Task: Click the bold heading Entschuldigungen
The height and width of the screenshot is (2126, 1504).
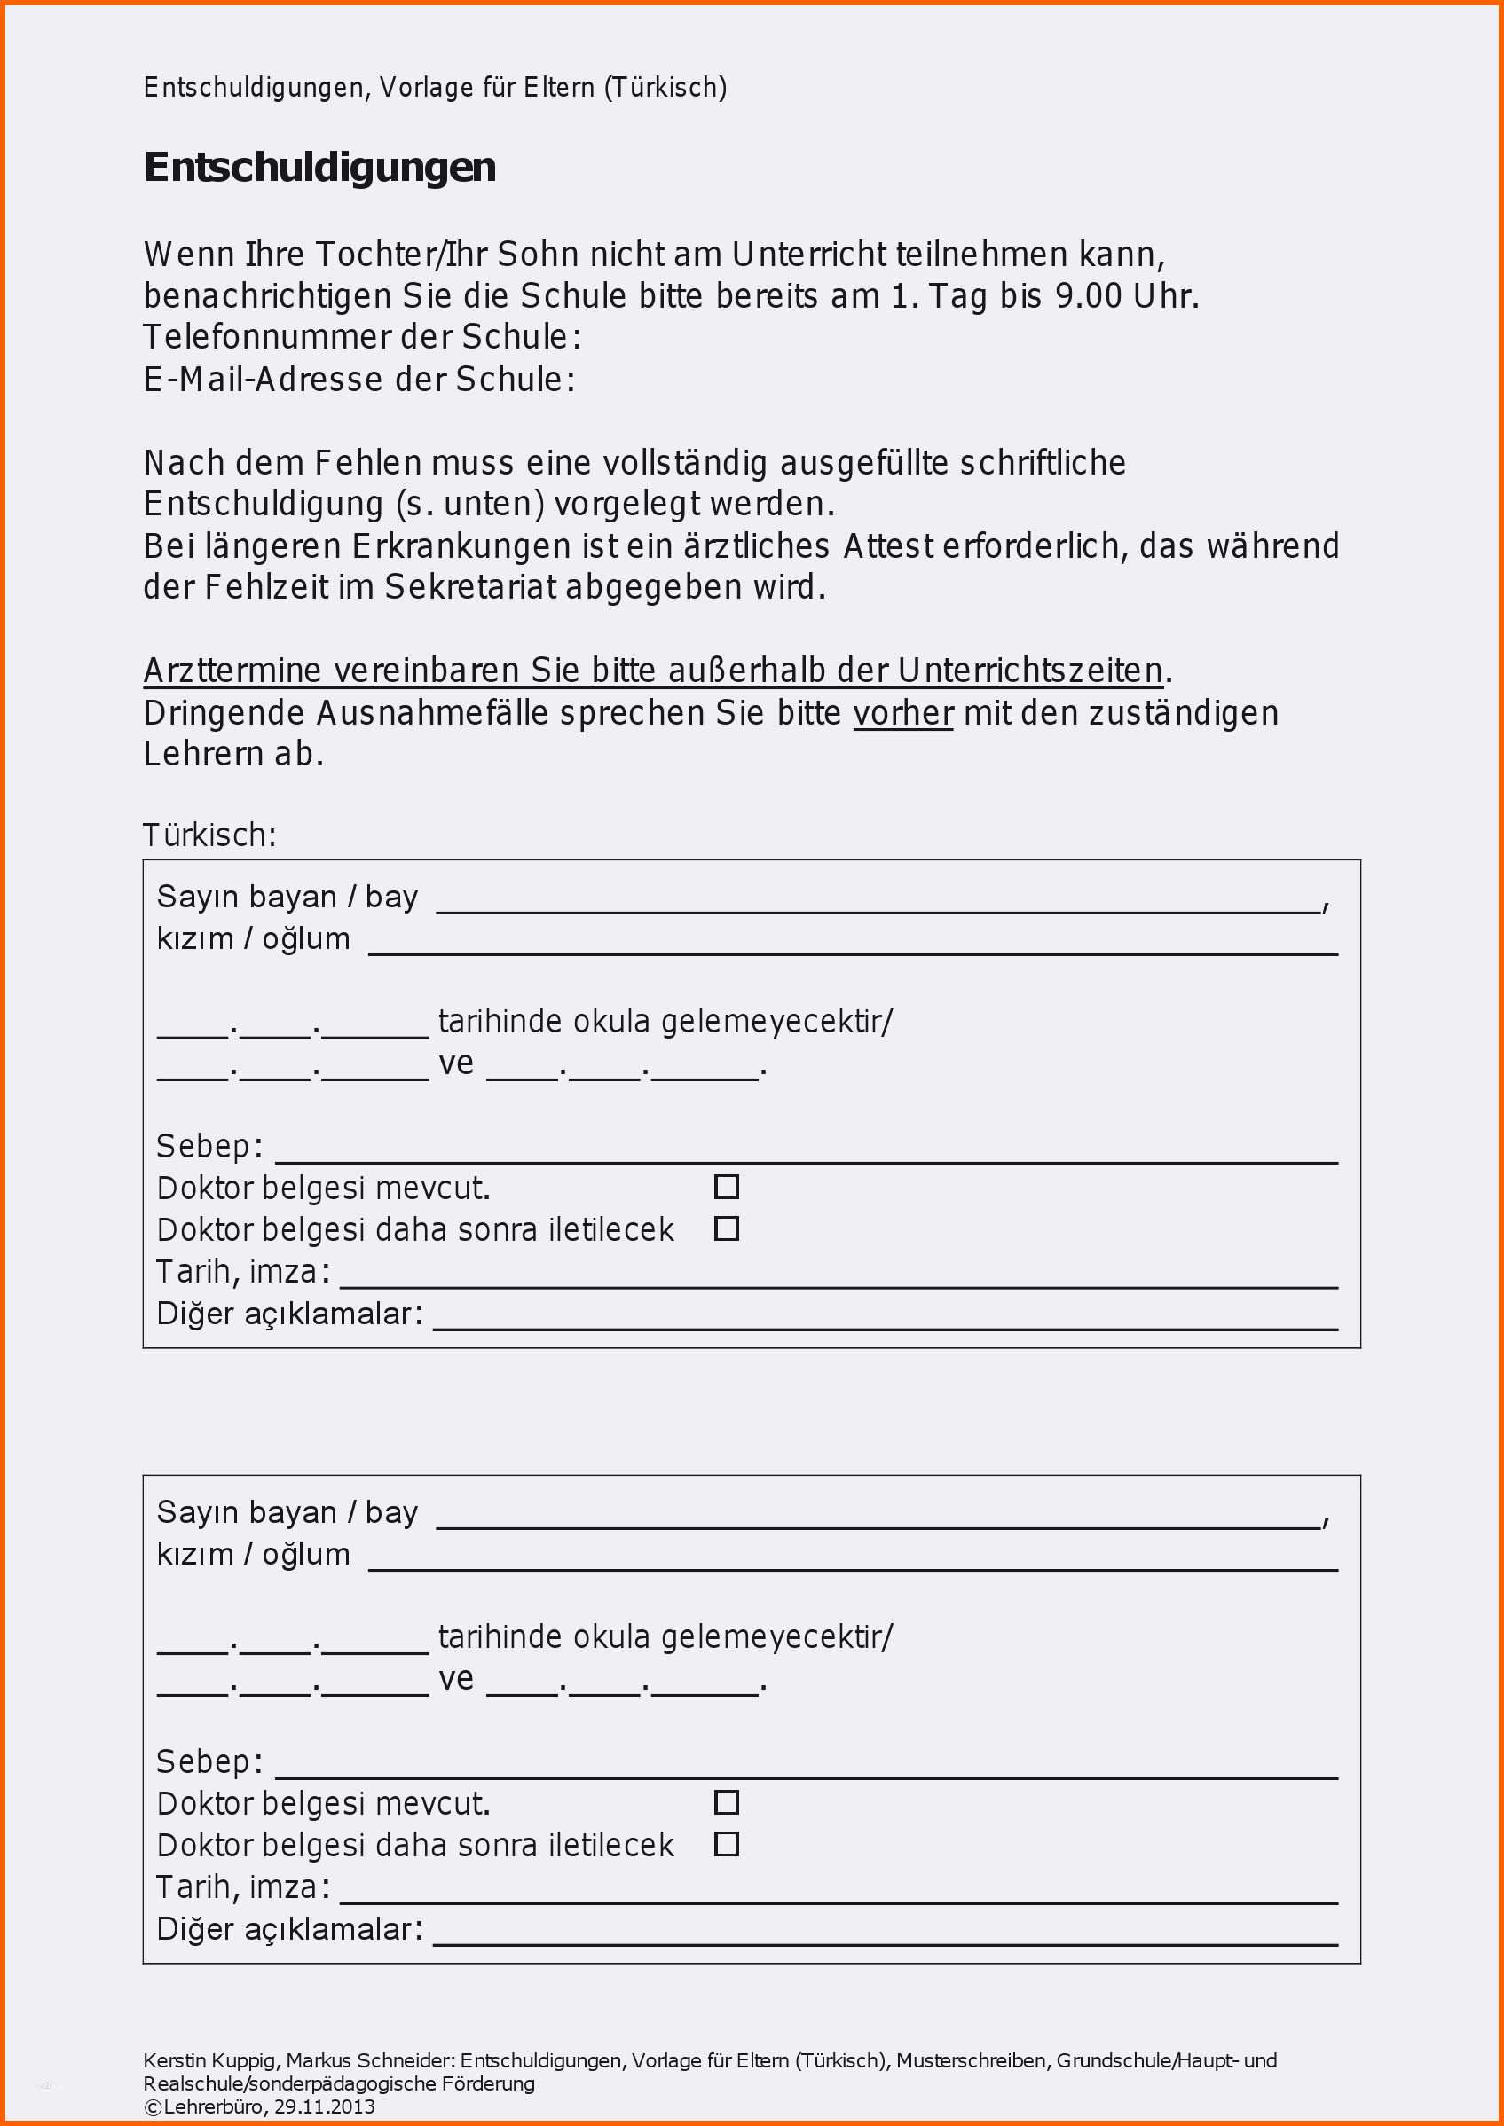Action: tap(319, 168)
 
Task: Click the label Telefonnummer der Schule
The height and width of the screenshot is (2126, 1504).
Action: tap(362, 337)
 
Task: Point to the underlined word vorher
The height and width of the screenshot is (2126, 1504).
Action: tap(903, 713)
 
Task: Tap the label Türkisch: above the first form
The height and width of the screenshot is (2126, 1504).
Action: tap(209, 835)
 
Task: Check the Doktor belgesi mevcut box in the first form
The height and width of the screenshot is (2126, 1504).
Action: tap(726, 1186)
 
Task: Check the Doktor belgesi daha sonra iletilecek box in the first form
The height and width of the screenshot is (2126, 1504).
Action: tap(726, 1228)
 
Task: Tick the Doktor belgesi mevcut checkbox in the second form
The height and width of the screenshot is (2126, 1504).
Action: tap(726, 1802)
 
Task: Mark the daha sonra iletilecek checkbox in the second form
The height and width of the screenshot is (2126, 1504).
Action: tap(726, 1844)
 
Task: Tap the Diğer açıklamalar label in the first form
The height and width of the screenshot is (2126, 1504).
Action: tap(289, 1313)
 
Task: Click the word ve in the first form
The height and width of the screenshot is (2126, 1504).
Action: tap(456, 1063)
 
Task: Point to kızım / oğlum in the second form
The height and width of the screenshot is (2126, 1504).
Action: tap(253, 1554)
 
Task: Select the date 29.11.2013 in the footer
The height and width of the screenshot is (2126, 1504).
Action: tap(324, 2106)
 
